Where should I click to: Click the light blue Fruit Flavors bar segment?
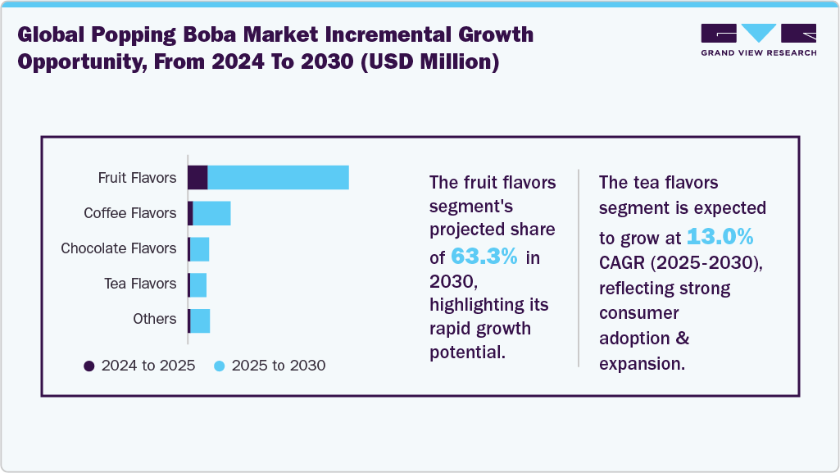[278, 177]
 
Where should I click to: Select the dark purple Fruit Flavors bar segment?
[198, 177]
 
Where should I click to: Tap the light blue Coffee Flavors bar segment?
[211, 213]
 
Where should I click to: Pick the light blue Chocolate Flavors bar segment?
[199, 248]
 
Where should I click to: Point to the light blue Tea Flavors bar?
[198, 284]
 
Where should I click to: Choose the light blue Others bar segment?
[200, 320]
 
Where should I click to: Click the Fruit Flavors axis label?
[137, 178]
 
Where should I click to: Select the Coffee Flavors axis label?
[129, 213]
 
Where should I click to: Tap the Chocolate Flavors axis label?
[118, 248]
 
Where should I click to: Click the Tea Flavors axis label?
[139, 284]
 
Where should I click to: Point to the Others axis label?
[154, 319]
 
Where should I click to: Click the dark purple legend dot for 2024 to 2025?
[89, 366]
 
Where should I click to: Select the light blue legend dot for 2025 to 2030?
[219, 366]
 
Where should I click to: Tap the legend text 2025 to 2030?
[278, 366]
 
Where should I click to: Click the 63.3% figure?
[484, 256]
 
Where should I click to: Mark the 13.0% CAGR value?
[720, 237]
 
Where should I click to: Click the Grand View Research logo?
[758, 39]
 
